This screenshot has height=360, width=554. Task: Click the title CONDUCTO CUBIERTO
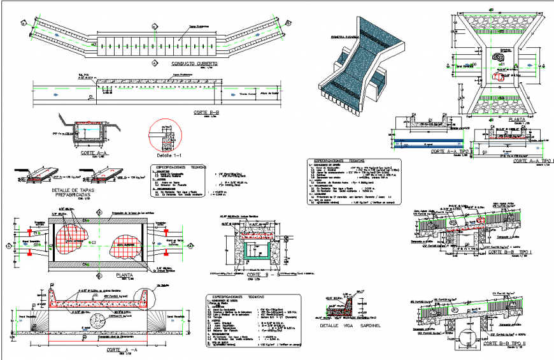pos(194,64)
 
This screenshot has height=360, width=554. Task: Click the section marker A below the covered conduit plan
pos(154,63)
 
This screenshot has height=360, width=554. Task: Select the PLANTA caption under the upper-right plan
pos(498,119)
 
